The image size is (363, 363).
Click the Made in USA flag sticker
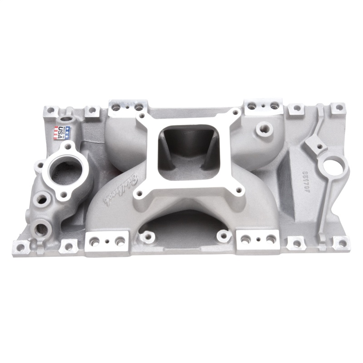coord(63,132)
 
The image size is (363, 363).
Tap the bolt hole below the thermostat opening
coord(64,195)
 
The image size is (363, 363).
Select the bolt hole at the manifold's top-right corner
coord(338,108)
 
